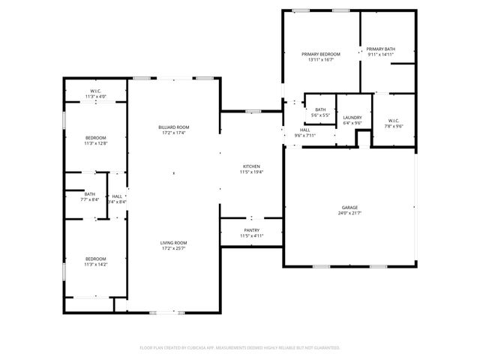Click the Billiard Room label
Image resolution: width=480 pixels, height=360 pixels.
point(173,127)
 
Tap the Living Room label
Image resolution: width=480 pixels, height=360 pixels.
point(173,243)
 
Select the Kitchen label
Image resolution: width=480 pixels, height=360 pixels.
point(251,166)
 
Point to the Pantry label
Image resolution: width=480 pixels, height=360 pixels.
point(251,230)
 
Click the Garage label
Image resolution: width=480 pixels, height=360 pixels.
point(349,207)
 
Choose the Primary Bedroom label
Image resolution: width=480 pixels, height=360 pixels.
point(321,54)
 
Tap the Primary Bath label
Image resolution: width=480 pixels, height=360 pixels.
point(380,49)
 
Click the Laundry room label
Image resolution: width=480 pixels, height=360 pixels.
point(352,117)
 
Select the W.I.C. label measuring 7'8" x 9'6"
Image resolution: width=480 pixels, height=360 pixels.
point(394,121)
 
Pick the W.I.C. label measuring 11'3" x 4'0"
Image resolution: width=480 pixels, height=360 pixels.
point(95,91)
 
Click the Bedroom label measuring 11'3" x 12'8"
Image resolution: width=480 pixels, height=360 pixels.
point(95,137)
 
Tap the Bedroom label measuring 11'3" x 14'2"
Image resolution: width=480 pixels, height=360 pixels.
point(95,259)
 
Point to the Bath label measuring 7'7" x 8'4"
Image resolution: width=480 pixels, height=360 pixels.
point(89,193)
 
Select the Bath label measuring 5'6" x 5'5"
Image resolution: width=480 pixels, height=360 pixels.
point(320,109)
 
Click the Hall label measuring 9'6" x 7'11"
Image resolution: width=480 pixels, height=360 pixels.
point(305,130)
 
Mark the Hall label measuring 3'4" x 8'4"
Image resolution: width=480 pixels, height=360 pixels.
point(117,196)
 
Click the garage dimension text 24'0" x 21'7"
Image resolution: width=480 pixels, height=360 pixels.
point(349,213)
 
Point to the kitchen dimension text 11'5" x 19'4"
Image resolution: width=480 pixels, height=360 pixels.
point(251,172)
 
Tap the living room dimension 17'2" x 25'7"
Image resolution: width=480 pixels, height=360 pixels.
point(173,249)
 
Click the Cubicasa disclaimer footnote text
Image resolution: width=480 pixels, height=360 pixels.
point(240,348)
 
